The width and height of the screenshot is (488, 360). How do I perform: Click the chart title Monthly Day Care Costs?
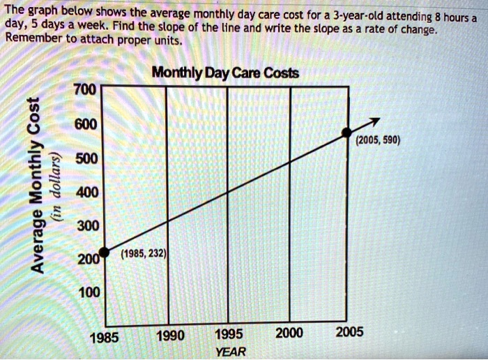(225, 73)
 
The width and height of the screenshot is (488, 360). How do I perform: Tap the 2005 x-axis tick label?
(349, 332)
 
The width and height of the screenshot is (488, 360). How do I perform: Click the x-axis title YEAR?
(231, 351)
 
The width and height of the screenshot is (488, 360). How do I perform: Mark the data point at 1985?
(102, 252)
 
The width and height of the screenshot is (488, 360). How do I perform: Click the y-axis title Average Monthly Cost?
(37, 185)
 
